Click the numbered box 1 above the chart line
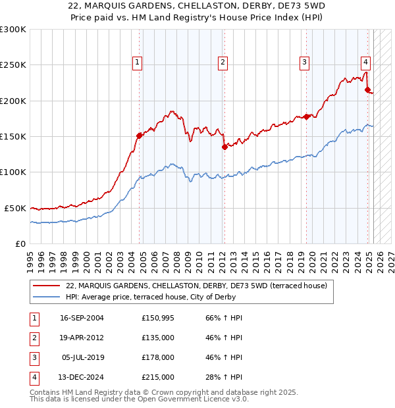(x=138, y=63)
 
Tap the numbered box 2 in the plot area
(x=223, y=63)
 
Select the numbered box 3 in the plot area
(x=305, y=63)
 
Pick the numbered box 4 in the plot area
(x=365, y=63)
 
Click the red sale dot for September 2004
(x=139, y=136)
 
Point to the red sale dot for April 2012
(x=224, y=147)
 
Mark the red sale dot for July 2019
(x=306, y=116)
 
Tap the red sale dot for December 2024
(x=368, y=90)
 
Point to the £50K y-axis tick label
(x=15, y=208)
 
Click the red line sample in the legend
(x=47, y=286)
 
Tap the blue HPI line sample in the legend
(x=47, y=297)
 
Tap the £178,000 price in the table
(x=157, y=357)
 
